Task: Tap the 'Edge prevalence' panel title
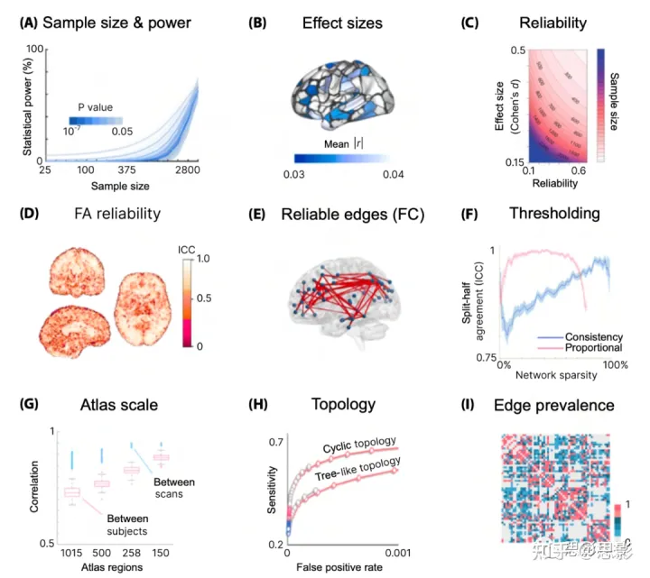[x=557, y=405]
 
